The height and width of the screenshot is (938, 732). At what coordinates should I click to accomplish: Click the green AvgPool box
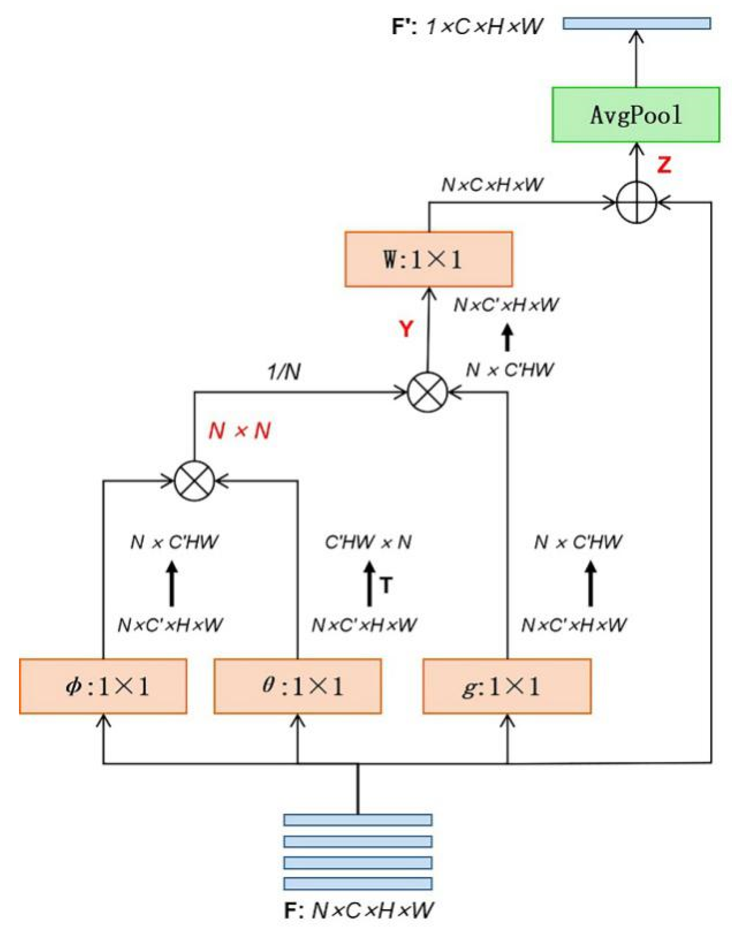pyautogui.click(x=635, y=115)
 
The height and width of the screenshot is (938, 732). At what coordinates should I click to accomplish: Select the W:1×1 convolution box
pyautogui.click(x=428, y=260)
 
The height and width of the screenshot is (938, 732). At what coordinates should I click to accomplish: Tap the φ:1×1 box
pyautogui.click(x=103, y=686)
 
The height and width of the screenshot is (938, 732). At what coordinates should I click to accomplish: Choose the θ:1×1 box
pyautogui.click(x=297, y=686)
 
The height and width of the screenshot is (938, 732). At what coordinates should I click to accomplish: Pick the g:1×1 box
pyautogui.click(x=507, y=686)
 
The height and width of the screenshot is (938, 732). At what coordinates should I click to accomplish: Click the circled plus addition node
pyautogui.click(x=636, y=203)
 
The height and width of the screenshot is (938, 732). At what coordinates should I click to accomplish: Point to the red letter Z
pyautogui.click(x=664, y=165)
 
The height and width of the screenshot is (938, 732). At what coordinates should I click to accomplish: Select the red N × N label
pyautogui.click(x=239, y=430)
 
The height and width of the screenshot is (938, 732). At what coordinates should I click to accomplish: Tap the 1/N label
pyautogui.click(x=285, y=372)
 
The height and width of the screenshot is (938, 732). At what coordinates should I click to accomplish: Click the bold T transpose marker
pyautogui.click(x=386, y=585)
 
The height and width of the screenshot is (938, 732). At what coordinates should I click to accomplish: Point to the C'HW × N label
pyautogui.click(x=368, y=542)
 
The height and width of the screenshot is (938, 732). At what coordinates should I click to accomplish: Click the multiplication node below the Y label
pyautogui.click(x=427, y=392)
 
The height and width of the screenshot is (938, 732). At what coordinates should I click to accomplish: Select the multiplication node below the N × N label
pyautogui.click(x=194, y=480)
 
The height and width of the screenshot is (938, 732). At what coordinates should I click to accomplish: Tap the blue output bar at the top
pyautogui.click(x=637, y=23)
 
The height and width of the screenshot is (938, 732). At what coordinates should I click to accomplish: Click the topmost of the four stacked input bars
pyautogui.click(x=358, y=819)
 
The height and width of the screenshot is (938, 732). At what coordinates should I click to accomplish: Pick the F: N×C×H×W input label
pyautogui.click(x=359, y=910)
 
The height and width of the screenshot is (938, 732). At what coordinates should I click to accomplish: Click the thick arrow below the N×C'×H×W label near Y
pyautogui.click(x=507, y=338)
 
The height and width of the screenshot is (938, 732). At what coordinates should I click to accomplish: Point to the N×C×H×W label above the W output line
pyautogui.click(x=492, y=184)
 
